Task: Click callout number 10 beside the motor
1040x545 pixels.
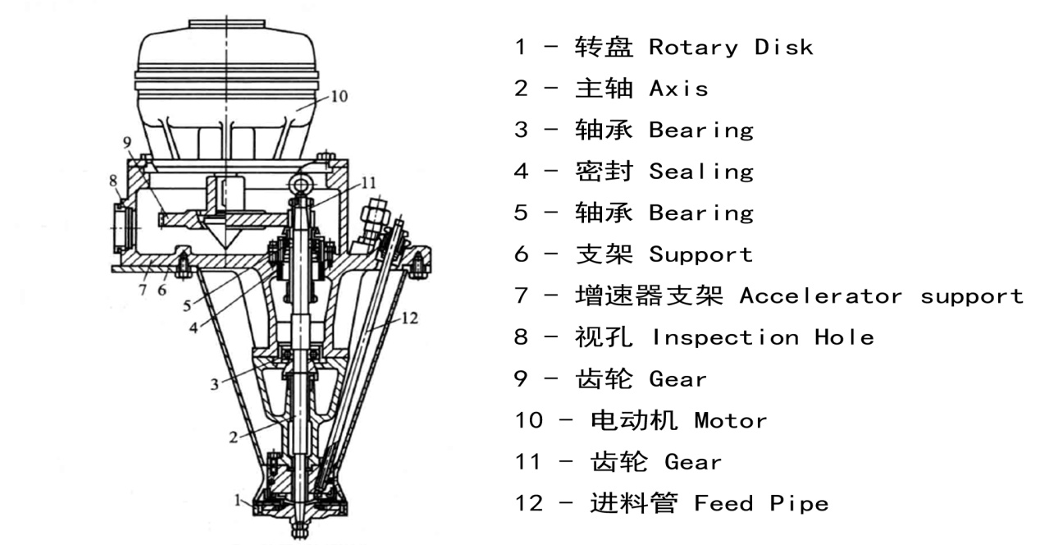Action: tap(340, 96)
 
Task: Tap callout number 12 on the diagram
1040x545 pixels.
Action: tap(410, 318)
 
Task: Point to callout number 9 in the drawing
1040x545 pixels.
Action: tap(127, 142)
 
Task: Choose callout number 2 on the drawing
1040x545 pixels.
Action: tap(232, 437)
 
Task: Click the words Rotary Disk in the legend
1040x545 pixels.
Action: tap(730, 47)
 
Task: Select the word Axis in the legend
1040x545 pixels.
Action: tap(678, 89)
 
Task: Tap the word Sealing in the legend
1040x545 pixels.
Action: tap(700, 172)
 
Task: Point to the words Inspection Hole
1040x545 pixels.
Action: tap(762, 337)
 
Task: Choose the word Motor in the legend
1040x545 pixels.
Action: tap(730, 421)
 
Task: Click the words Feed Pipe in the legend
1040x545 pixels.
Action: tap(760, 503)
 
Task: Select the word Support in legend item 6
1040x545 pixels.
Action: tap(700, 254)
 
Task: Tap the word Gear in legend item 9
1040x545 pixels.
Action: tap(677, 379)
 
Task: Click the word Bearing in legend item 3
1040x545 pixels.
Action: tap(700, 130)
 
